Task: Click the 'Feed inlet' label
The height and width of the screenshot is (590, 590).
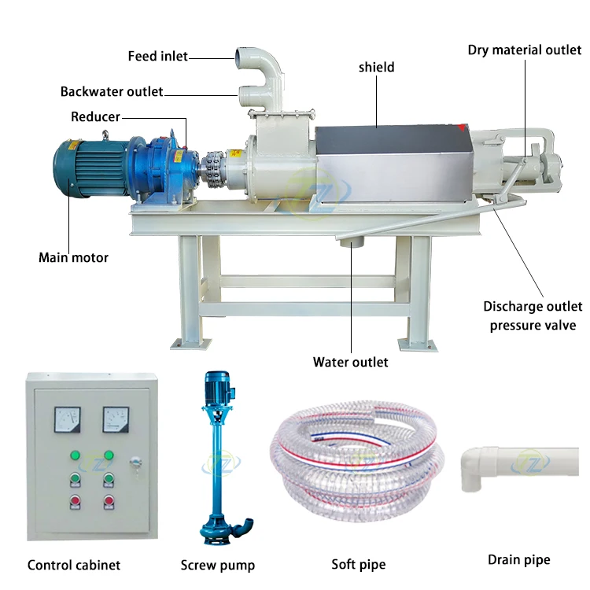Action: (157, 56)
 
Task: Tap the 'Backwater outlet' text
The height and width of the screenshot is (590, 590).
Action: (112, 92)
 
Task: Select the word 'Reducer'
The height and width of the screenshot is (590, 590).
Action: (95, 116)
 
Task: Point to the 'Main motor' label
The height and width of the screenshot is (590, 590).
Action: (73, 257)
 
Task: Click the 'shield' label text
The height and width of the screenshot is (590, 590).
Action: (376, 68)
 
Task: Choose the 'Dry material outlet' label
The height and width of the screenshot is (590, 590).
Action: (524, 50)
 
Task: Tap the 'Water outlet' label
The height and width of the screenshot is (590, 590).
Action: (350, 362)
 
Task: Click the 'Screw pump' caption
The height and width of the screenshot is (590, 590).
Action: (218, 564)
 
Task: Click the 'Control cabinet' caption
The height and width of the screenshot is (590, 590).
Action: (74, 564)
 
